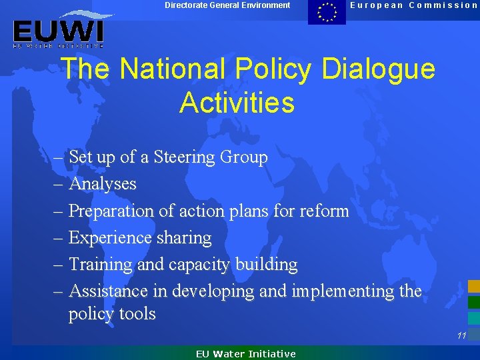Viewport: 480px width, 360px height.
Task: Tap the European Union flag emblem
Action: [327, 12]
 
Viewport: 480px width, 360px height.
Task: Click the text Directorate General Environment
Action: [228, 5]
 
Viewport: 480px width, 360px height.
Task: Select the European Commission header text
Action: [414, 5]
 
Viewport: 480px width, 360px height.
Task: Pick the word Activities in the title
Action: [237, 103]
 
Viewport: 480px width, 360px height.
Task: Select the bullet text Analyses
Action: [103, 184]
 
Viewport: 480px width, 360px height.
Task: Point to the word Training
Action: [101, 264]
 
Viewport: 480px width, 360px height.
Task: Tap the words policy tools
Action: [112, 314]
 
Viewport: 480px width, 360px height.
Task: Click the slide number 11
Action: [461, 336]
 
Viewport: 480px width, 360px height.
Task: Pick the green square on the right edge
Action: [473, 302]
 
